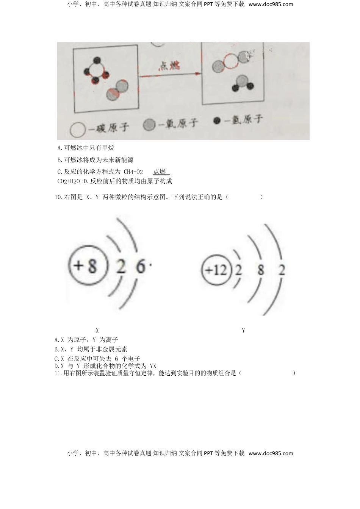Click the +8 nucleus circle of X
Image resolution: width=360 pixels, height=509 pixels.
tap(86, 267)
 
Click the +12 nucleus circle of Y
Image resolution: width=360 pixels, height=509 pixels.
tap(216, 270)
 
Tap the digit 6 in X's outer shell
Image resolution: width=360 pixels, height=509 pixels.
tap(140, 267)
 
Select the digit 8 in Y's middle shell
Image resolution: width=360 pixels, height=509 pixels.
tap(261, 270)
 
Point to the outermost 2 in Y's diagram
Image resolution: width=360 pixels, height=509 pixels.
tap(282, 270)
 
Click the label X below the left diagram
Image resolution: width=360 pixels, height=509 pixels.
tap(97, 331)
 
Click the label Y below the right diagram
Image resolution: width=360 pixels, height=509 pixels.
tap(243, 331)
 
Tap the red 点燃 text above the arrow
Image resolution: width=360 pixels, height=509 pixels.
tap(169, 66)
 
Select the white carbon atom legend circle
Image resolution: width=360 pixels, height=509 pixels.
tap(77, 130)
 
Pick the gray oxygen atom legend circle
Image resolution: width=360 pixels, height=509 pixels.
tap(149, 125)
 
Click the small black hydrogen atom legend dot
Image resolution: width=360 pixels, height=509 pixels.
tap(217, 121)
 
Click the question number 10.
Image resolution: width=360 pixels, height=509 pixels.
tap(58, 197)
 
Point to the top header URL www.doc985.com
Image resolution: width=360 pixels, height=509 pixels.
tap(271, 5)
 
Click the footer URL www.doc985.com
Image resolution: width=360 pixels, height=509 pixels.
tap(271, 453)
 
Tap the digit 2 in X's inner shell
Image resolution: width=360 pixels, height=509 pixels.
tap(121, 267)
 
